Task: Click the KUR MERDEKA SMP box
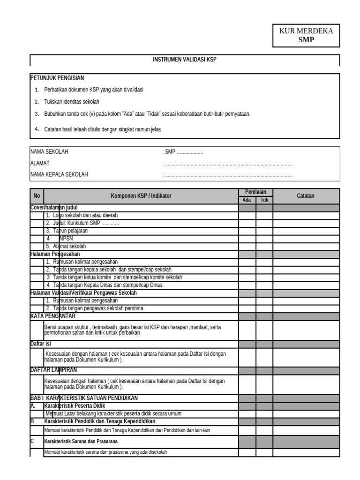point(306,36)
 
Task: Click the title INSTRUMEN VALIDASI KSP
point(185,60)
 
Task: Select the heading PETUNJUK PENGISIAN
point(57,78)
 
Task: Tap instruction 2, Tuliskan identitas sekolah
point(71,102)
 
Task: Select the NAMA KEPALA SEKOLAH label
point(59,174)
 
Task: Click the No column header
point(37,196)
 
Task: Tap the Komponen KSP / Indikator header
point(141,196)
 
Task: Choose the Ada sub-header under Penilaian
point(247,200)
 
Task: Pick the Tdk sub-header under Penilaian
point(264,200)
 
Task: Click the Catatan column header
point(306,196)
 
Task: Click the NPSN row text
point(66,239)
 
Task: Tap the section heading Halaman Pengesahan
point(55,254)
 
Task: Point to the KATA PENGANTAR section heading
point(52,316)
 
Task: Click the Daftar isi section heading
point(40,344)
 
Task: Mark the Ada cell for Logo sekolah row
point(247,216)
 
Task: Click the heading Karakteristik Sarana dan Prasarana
point(81,442)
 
